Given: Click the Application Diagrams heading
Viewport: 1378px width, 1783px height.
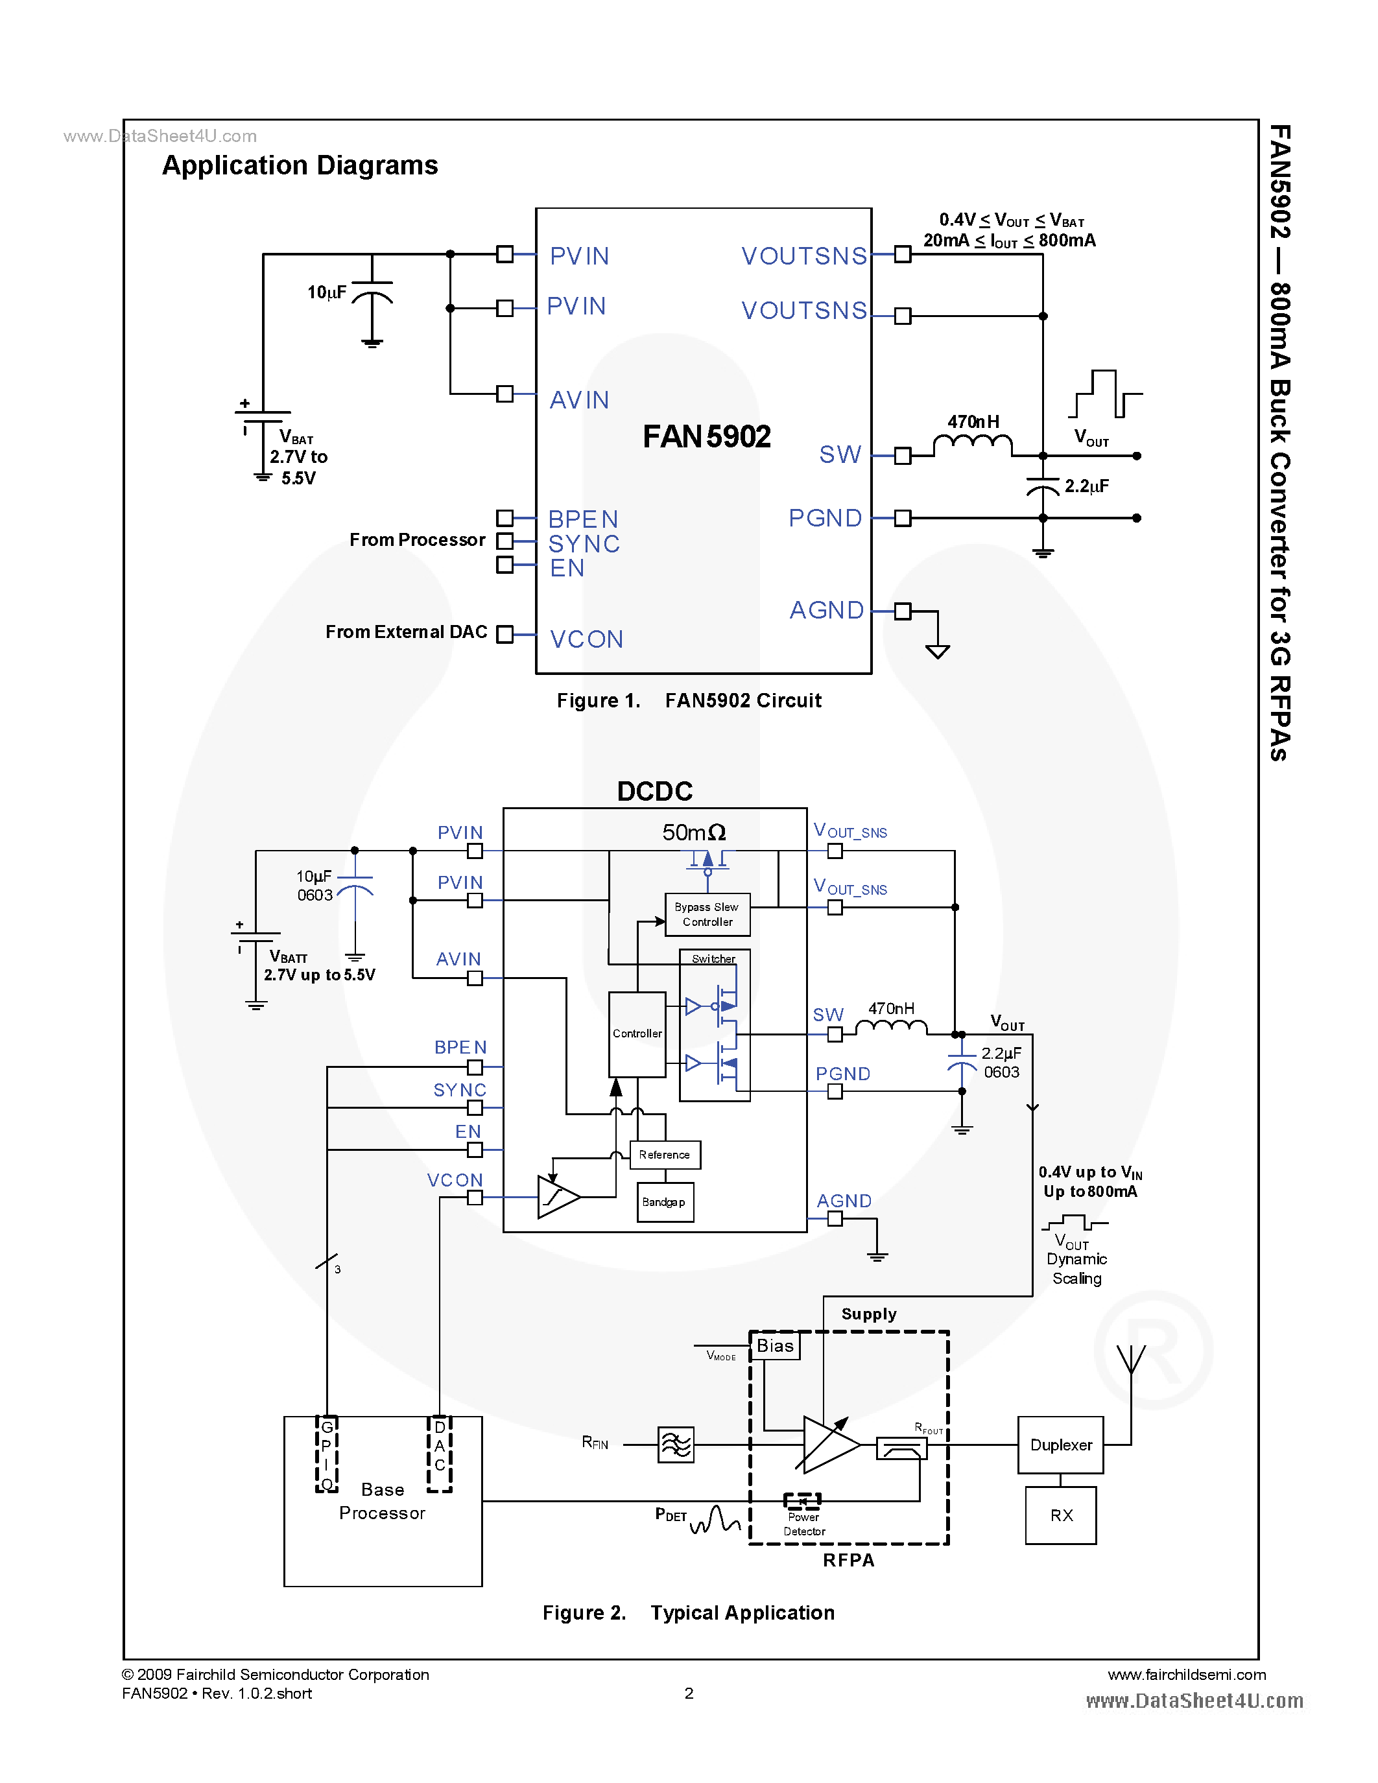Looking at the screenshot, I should click(x=300, y=166).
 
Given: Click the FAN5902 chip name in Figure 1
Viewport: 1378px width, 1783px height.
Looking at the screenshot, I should click(x=706, y=437).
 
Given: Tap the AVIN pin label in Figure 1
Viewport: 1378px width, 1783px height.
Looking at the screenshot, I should click(x=580, y=400).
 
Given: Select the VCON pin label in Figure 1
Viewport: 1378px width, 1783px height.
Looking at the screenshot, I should click(x=586, y=639).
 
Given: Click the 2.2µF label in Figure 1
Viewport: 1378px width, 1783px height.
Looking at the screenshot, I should click(x=1087, y=486).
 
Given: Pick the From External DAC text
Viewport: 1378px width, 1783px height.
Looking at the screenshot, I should click(x=406, y=632).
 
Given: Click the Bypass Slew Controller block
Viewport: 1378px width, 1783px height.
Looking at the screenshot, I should click(x=707, y=914).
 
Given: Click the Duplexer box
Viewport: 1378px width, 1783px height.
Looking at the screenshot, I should click(x=1060, y=1445).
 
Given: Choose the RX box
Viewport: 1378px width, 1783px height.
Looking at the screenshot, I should click(x=1060, y=1515).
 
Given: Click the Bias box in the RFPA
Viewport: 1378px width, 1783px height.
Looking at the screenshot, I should click(x=775, y=1346).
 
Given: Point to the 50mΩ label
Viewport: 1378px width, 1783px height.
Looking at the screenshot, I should click(x=693, y=832).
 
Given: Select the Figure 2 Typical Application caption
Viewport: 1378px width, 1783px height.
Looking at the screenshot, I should click(x=688, y=1613).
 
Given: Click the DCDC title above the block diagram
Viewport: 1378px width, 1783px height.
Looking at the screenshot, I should click(x=655, y=791).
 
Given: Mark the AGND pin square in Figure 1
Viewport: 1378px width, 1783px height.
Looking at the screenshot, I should click(x=902, y=611).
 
